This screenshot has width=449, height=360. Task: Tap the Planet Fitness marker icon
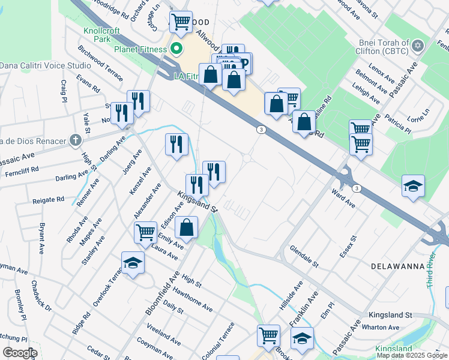coord(176,49)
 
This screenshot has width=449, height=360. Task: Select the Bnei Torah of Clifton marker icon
coord(418,46)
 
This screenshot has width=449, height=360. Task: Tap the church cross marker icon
coord(74,141)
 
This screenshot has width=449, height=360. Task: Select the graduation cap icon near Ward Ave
coord(413,186)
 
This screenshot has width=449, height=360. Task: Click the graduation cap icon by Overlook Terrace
coord(133,263)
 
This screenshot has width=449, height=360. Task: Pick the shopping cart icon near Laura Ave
coord(145,232)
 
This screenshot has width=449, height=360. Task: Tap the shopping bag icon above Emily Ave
coord(187,227)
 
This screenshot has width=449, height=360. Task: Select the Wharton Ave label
coord(385,328)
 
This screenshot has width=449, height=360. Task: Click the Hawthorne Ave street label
coord(193,298)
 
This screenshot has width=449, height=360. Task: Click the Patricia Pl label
coord(398,124)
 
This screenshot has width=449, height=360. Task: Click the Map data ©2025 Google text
coord(412,355)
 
